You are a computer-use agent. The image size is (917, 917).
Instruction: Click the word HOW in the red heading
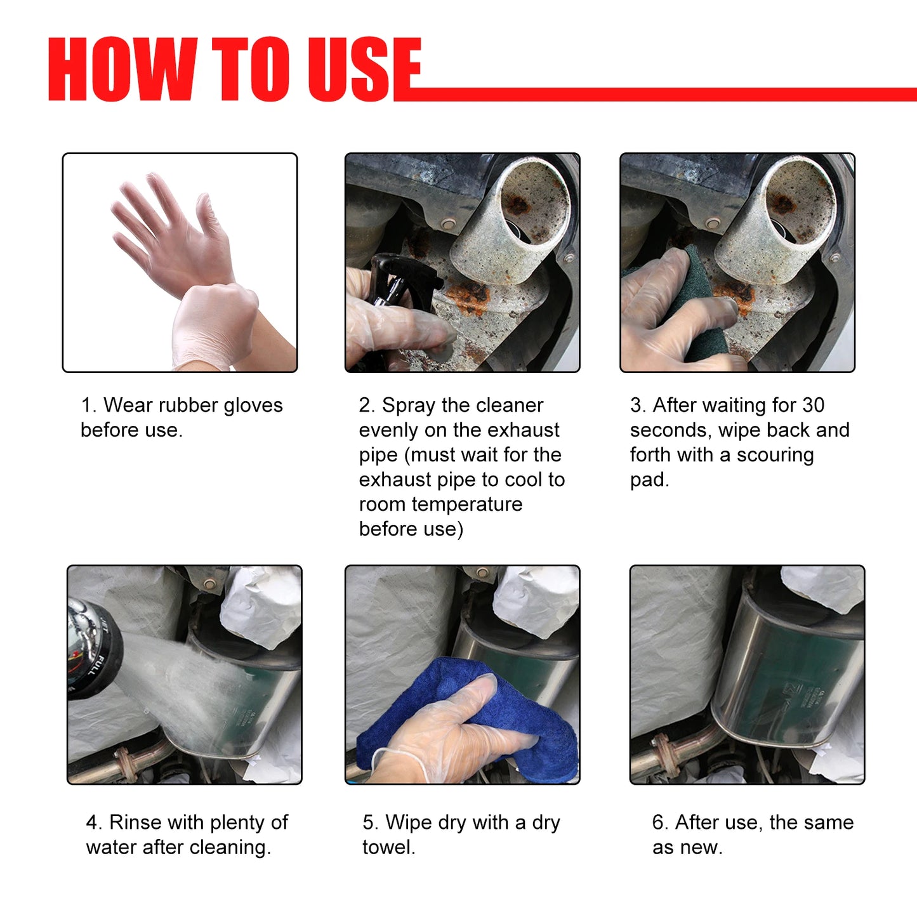(x=121, y=69)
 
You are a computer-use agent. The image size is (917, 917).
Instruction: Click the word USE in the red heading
(x=364, y=69)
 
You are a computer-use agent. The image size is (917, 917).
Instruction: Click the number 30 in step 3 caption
(x=813, y=405)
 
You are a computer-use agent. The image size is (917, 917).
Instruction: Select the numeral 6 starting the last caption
(x=658, y=822)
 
